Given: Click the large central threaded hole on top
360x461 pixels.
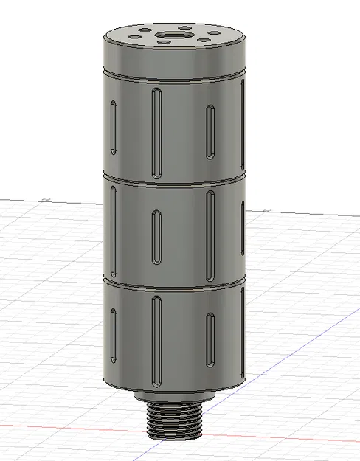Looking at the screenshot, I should [x=175, y=35].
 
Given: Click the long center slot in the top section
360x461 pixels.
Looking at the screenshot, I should [x=156, y=131].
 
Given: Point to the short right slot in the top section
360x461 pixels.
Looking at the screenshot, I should [x=211, y=131].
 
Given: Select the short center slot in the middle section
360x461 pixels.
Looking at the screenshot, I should [x=157, y=237].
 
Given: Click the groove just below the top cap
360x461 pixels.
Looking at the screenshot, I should [x=174, y=76].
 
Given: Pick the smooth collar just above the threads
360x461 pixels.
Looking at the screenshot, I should [x=174, y=398].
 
